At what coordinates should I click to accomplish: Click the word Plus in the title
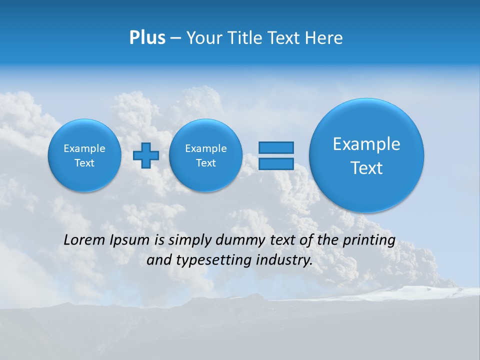click(x=147, y=38)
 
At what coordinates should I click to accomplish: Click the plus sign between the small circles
click(x=146, y=155)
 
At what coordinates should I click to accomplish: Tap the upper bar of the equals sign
click(x=276, y=147)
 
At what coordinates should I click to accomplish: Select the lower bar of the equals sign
click(x=276, y=163)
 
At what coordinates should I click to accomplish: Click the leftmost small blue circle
click(x=84, y=155)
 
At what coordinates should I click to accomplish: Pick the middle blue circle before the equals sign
click(x=206, y=155)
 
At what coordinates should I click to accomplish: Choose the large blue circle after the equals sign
click(x=366, y=155)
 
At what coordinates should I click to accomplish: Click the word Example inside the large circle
click(x=366, y=144)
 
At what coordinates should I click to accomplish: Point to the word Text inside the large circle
click(x=366, y=168)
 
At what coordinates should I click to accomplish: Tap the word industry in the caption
click(x=283, y=260)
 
